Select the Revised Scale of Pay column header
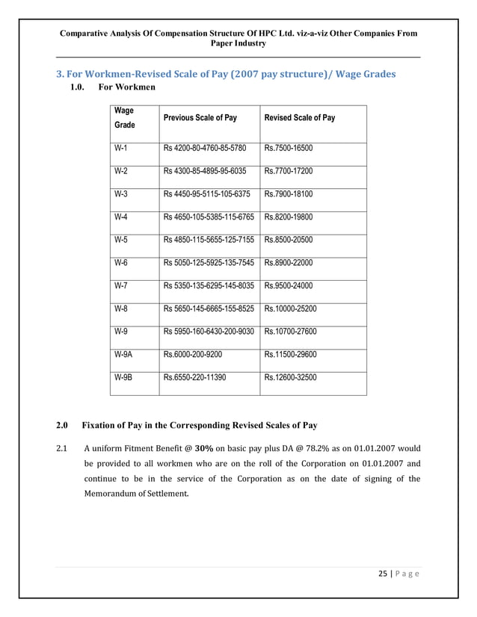tap(299, 118)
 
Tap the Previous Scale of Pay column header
tap(200, 118)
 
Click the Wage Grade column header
tap(124, 118)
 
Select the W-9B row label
tap(123, 377)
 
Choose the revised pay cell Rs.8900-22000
tap(289, 263)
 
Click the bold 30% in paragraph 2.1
tap(206, 449)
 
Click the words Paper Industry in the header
tap(238, 44)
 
